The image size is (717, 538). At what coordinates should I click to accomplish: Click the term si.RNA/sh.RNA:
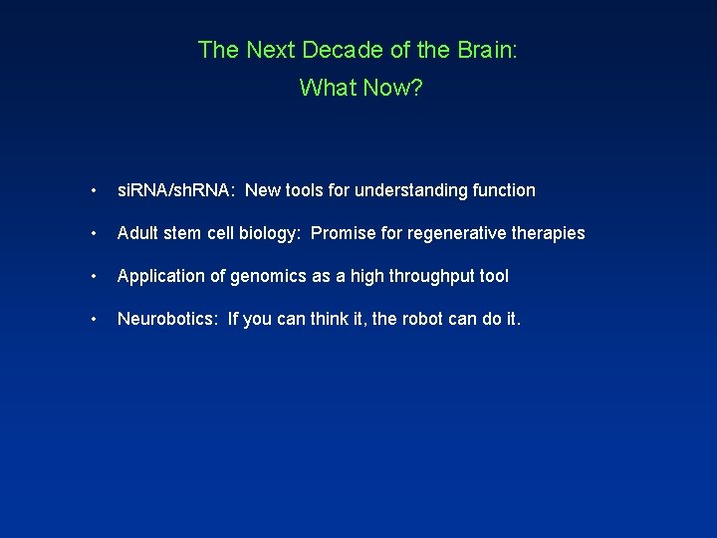(176, 190)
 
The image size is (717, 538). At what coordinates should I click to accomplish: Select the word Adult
(138, 233)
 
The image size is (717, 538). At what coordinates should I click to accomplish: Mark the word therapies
(549, 233)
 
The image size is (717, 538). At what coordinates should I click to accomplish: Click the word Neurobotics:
(167, 319)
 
